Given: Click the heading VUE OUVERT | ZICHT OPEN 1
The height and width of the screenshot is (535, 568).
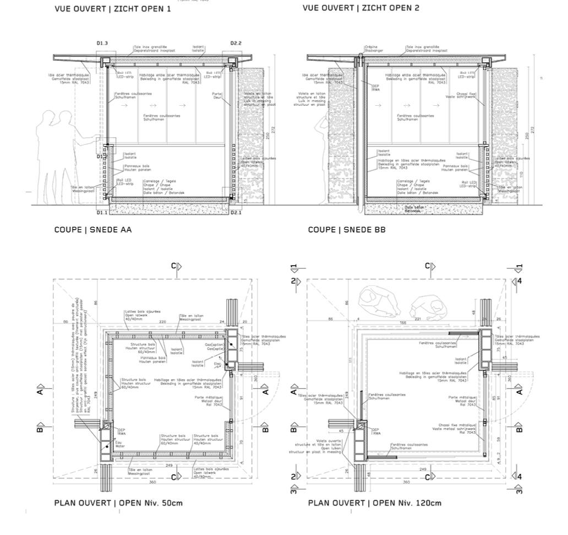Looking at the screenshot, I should click(112, 9).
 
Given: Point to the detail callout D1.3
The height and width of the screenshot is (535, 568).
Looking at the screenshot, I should click(102, 42).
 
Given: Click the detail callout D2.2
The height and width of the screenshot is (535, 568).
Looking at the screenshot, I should click(236, 42).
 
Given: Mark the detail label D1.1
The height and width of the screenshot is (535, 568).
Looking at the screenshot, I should click(102, 212).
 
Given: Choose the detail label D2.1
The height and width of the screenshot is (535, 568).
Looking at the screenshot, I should click(236, 212).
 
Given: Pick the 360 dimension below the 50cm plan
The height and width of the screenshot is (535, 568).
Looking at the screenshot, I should click(152, 482).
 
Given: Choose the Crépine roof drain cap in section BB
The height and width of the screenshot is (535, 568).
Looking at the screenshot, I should click(362, 55).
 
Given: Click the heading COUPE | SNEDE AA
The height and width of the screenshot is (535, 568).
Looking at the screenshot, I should click(92, 230).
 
